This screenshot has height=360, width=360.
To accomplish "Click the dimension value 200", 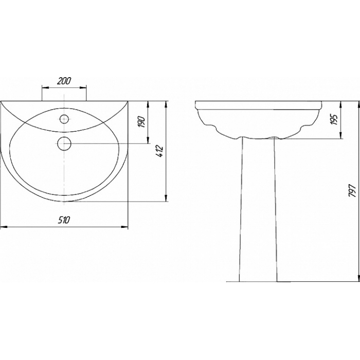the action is [64, 81].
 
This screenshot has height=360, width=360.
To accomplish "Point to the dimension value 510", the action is [63, 220].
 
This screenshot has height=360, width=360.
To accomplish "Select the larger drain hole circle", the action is [64, 143].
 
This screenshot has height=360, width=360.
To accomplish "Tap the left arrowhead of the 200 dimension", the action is [45, 87].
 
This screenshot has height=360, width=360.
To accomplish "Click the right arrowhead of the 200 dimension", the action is [83, 87].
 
